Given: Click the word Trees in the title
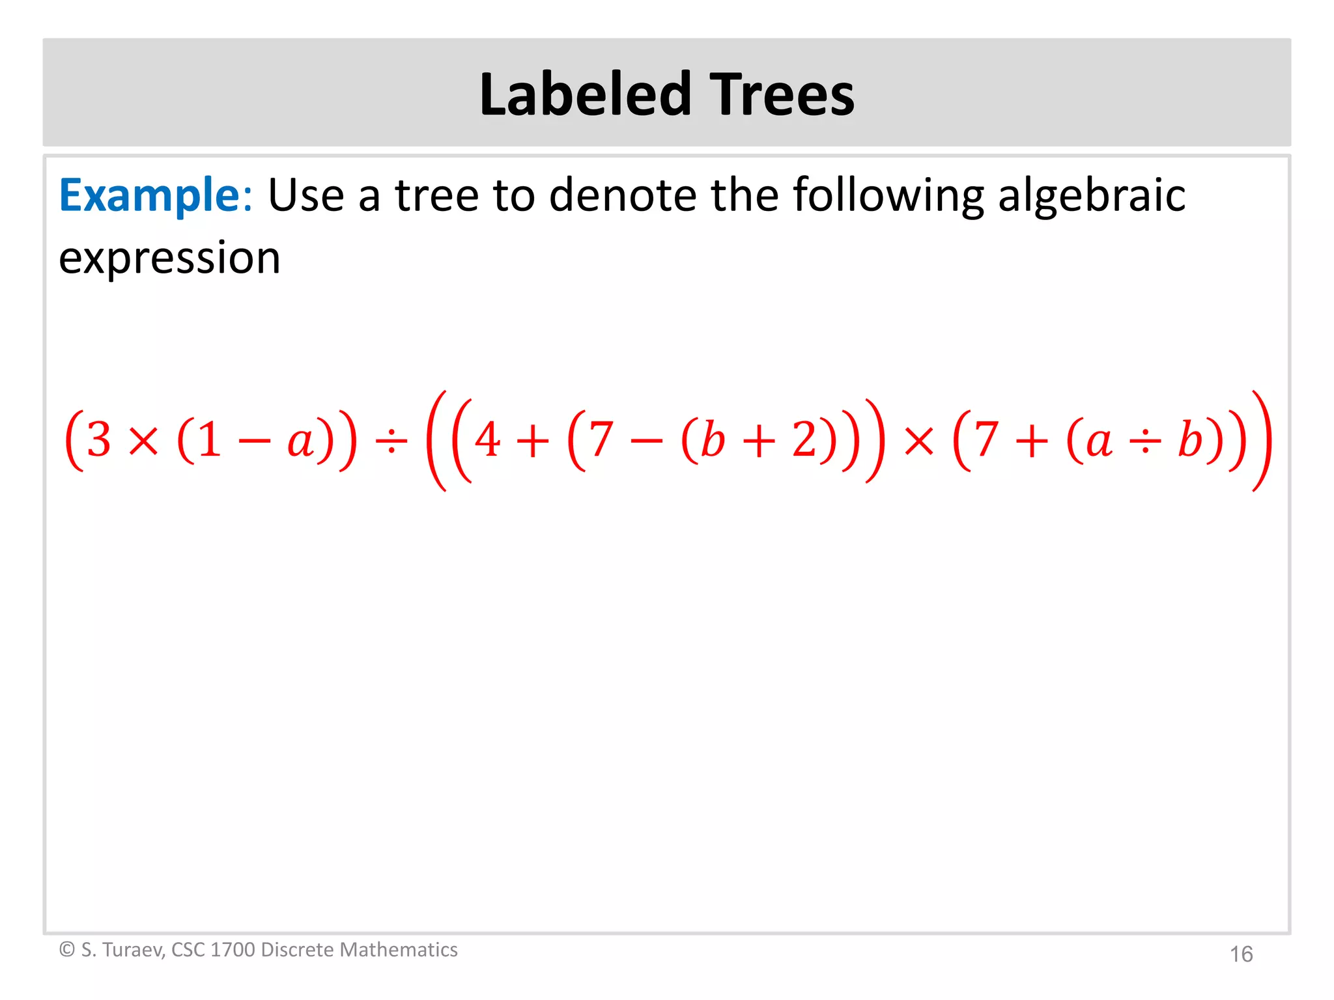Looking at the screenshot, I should coord(782,94).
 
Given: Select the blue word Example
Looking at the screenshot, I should coord(150,195).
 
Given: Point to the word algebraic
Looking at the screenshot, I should coord(1092,195).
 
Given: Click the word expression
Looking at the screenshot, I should coord(169,258).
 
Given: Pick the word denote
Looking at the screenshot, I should coord(623,195).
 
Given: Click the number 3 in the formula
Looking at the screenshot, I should coord(99,439).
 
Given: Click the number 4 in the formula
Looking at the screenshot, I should coord(487,439).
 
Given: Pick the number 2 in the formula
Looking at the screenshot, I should coord(805,439).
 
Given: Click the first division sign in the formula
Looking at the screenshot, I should coord(391,441).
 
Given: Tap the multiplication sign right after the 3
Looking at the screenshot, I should coord(144,441).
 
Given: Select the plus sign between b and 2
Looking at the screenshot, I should coord(759,441).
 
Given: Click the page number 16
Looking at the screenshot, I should coord(1241,954).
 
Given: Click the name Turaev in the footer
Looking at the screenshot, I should coord(134,950).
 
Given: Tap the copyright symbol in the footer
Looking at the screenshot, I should coord(67,950).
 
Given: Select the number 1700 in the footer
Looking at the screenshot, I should coord(233,950).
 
